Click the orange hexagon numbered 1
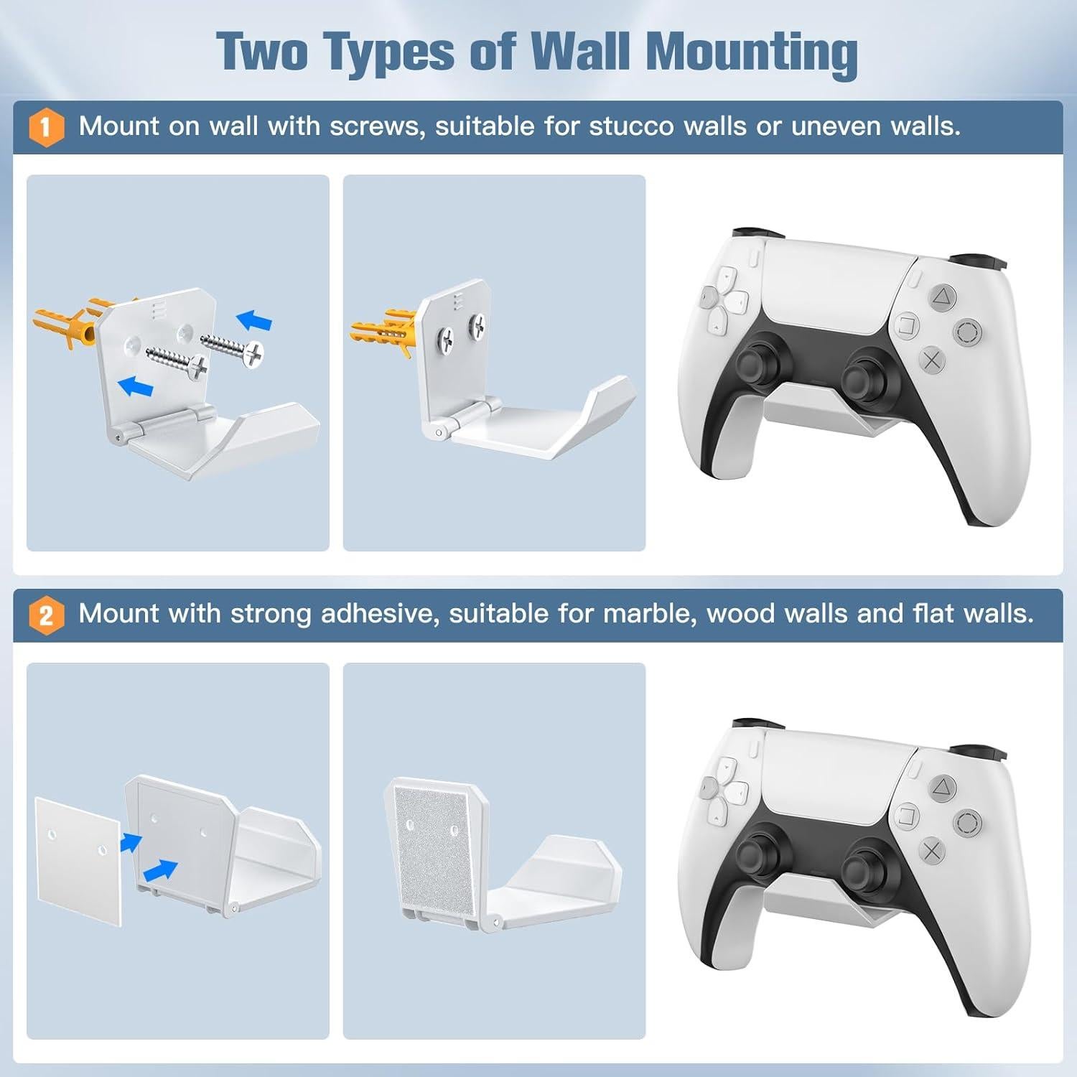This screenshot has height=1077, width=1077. (46, 128)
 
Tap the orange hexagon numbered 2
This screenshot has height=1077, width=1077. (46, 615)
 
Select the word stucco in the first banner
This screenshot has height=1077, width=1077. (632, 126)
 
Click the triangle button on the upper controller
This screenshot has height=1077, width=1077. (942, 296)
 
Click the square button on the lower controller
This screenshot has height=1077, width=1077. (907, 816)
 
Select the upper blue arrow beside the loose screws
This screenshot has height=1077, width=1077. (255, 320)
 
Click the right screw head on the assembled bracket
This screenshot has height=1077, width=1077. (478, 327)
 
